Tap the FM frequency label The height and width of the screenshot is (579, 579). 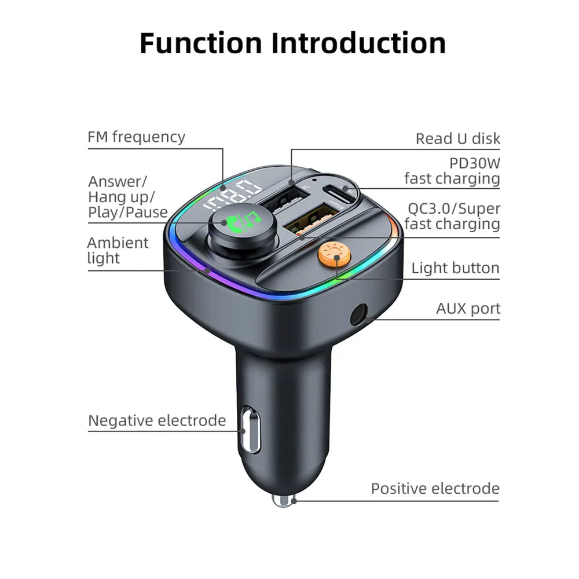pos(137,137)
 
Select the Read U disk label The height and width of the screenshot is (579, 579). pos(457,139)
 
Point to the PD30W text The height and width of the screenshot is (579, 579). pos(474,163)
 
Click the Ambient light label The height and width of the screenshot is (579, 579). pos(118,250)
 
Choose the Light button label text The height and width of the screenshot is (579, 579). pos(455,268)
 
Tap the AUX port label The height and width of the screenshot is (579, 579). pos(468,309)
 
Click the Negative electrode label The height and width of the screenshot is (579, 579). pos(157,420)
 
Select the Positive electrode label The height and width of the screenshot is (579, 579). pos(435,489)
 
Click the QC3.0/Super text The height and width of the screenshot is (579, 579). pos(453,208)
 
